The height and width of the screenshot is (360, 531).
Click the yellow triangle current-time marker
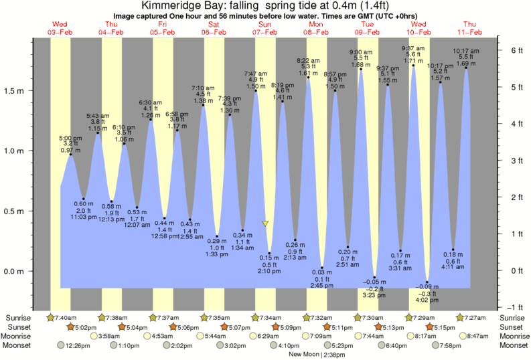[x=266, y=223]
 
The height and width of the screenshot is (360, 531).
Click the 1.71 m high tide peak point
[x=413, y=65]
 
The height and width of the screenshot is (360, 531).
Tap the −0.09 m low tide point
[x=427, y=282]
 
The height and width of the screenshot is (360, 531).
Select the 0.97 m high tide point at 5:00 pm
[x=70, y=155]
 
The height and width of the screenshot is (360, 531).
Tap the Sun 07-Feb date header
[x=264, y=27]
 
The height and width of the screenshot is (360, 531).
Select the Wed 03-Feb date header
[x=60, y=27]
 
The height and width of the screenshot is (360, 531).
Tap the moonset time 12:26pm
[x=78, y=345]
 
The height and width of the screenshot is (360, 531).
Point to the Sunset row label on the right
[x=511, y=327]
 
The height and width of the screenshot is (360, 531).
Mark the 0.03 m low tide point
[x=321, y=268]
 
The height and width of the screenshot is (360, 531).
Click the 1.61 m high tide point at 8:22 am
[x=309, y=77]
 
